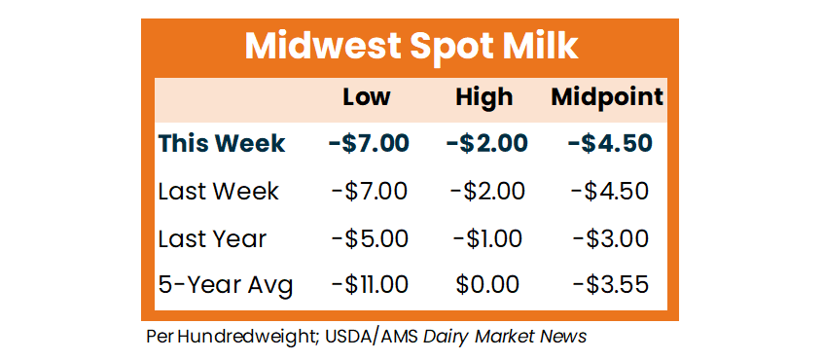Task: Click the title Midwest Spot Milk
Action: (411, 48)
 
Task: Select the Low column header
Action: (367, 97)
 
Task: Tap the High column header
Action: (483, 98)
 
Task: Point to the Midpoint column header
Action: (607, 98)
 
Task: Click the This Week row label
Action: (222, 143)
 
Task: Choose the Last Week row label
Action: (218, 191)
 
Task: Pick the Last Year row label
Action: (213, 238)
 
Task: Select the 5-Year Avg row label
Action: (226, 286)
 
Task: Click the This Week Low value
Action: (369, 143)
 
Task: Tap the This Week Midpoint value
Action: (610, 143)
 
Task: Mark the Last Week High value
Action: (487, 191)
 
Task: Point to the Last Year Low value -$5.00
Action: (370, 238)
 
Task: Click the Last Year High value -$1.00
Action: (487, 238)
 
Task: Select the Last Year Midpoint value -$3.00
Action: (610, 238)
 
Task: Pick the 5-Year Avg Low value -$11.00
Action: (370, 285)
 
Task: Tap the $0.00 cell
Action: (487, 285)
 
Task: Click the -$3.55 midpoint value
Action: (610, 285)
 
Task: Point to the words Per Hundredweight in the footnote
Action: (232, 337)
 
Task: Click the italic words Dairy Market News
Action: (504, 337)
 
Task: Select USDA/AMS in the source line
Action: (372, 337)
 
